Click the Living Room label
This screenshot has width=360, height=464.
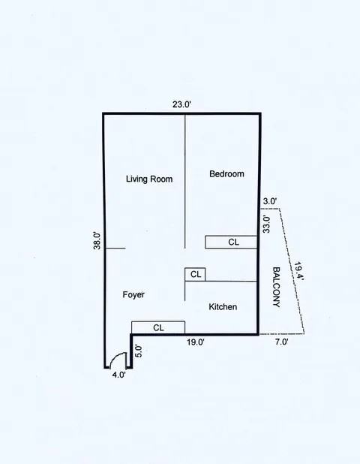pos(149,179)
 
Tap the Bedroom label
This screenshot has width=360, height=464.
pos(226,174)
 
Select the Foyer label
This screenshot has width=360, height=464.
pos(133,295)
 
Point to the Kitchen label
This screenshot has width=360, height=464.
pos(223,307)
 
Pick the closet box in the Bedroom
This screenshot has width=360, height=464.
pos(232,242)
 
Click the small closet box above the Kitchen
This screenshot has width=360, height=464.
pos(196,275)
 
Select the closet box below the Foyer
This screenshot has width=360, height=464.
pos(158,327)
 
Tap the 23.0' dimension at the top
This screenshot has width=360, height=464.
pos(181,104)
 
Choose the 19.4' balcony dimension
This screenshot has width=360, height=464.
pos(298,271)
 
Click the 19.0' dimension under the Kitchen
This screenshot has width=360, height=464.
pos(195,342)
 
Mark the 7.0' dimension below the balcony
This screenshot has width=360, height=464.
pos(281,342)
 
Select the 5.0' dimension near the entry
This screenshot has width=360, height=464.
pos(138,350)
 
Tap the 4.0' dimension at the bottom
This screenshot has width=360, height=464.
pos(118,375)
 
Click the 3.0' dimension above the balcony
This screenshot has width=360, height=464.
pos(270,200)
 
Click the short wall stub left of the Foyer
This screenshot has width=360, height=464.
pos(115,248)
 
